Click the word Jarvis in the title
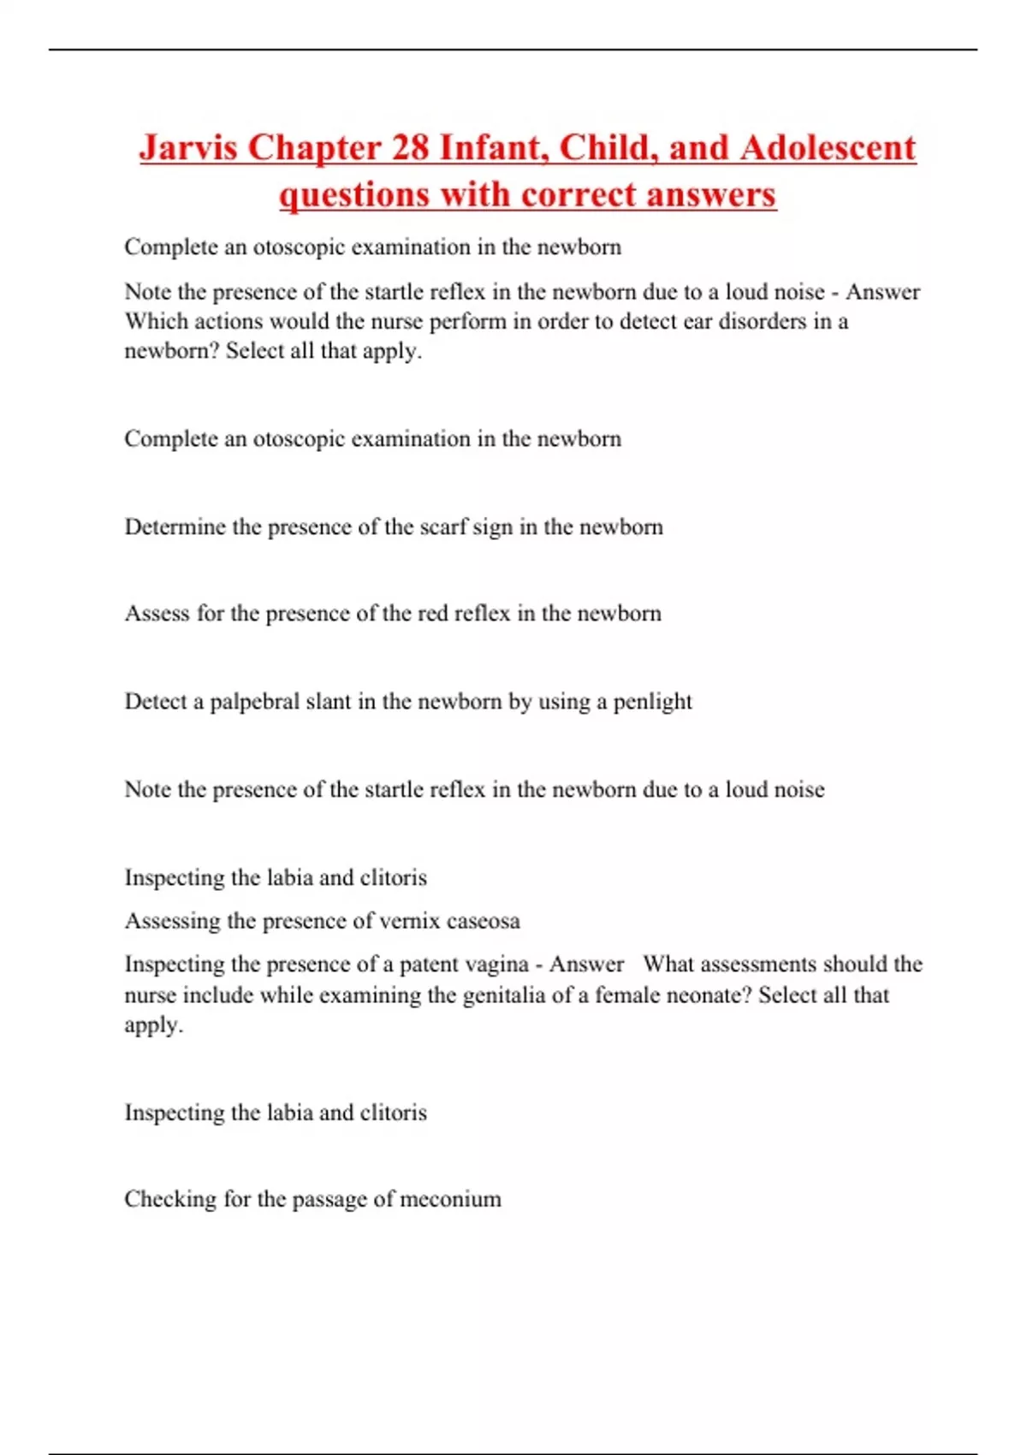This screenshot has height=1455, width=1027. [187, 147]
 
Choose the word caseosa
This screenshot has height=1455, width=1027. [483, 921]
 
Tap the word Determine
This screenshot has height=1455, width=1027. [175, 526]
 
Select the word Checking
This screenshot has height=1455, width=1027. [169, 1199]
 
